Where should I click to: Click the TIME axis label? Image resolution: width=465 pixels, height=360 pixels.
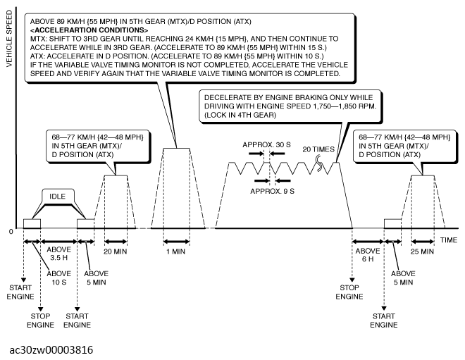pyautogui.click(x=449, y=240)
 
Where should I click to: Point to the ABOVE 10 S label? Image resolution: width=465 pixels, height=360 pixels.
pyautogui.click(x=59, y=279)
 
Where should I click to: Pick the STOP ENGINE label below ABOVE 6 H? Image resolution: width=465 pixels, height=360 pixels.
pyautogui.click(x=349, y=292)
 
